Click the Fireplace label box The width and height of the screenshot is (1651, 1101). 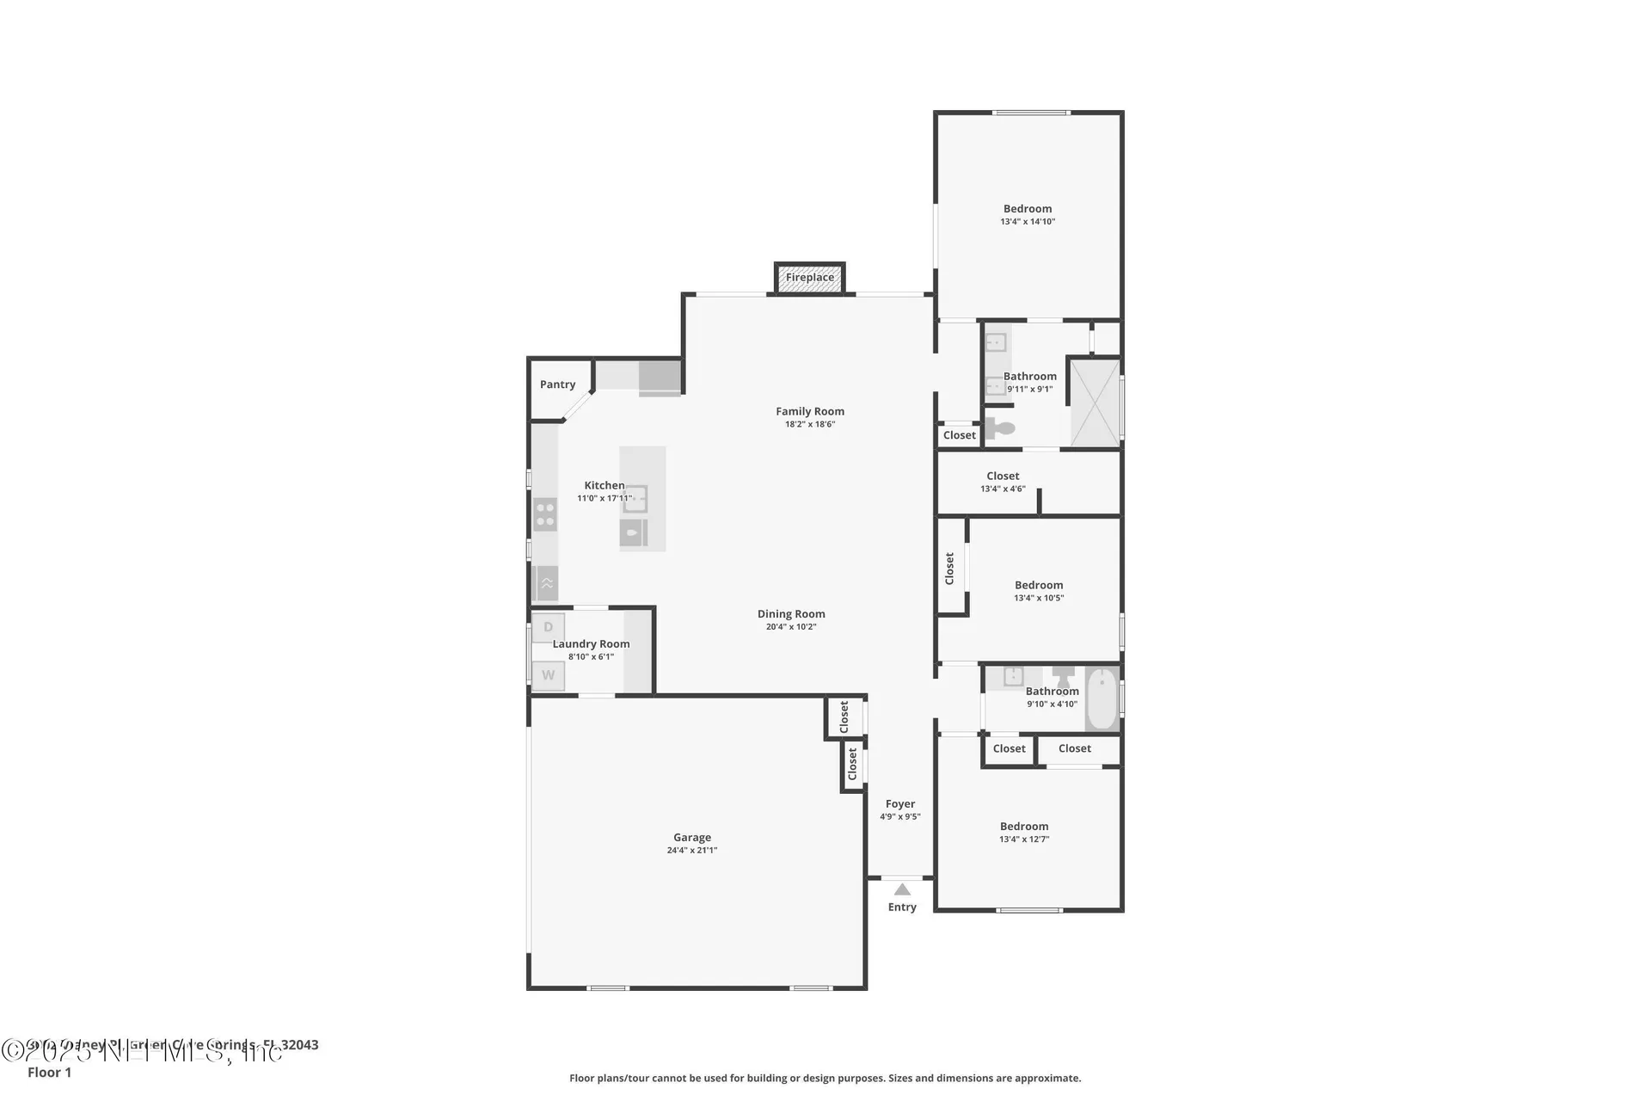pyautogui.click(x=809, y=278)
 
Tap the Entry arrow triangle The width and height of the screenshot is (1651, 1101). pyautogui.click(x=902, y=889)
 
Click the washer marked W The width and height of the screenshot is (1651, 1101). pyautogui.click(x=548, y=675)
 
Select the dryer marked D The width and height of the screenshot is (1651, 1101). pyautogui.click(x=548, y=627)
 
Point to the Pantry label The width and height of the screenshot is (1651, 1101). pyautogui.click(x=557, y=384)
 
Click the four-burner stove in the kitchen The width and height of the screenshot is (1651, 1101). pyautogui.click(x=545, y=514)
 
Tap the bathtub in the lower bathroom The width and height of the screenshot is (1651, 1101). pyautogui.click(x=1102, y=698)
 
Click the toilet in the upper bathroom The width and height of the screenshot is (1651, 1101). pyautogui.click(x=1000, y=427)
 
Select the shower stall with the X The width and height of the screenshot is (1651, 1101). pyautogui.click(x=1095, y=403)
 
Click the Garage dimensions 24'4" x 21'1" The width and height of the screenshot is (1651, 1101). pyautogui.click(x=691, y=850)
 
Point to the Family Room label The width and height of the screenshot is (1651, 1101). pyautogui.click(x=810, y=411)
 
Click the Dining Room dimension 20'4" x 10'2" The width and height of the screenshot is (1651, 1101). pyautogui.click(x=791, y=626)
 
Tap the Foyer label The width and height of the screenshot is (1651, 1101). pyautogui.click(x=900, y=803)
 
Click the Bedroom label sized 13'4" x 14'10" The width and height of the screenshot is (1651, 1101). pyautogui.click(x=1028, y=208)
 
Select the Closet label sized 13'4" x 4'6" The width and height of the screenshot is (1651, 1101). pyautogui.click(x=1003, y=476)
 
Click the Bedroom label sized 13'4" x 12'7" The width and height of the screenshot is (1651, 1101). pyautogui.click(x=1024, y=826)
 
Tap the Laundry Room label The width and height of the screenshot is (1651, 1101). pyautogui.click(x=591, y=643)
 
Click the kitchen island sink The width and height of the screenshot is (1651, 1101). pyautogui.click(x=635, y=499)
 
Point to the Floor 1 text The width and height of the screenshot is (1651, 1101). pyautogui.click(x=49, y=1072)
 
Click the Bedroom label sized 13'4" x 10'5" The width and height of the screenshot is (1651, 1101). pyautogui.click(x=1039, y=585)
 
